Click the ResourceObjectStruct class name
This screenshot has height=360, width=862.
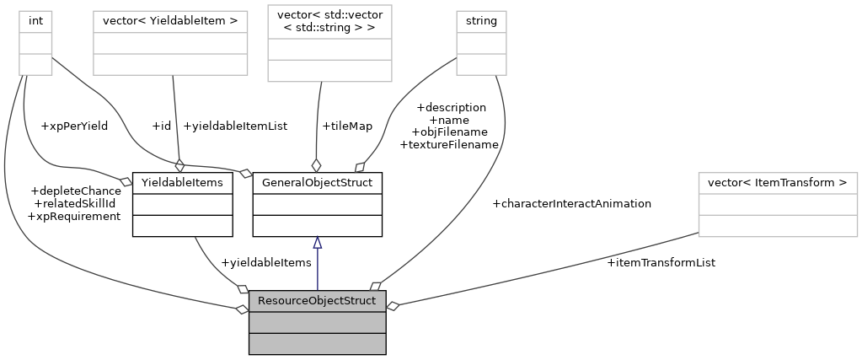(317, 301)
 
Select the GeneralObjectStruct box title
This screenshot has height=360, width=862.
(317, 181)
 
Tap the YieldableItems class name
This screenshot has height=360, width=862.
(182, 181)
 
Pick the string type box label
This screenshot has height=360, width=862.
(481, 19)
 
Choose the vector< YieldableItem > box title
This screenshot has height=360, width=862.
(169, 19)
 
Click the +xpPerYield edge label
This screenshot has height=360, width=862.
(74, 126)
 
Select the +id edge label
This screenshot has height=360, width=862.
(161, 126)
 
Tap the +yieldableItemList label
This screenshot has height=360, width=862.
(234, 126)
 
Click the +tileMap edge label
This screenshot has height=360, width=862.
(346, 126)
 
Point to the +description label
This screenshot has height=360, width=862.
(451, 107)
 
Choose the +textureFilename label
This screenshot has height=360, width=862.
(448, 144)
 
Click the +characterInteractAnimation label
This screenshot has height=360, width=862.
(571, 203)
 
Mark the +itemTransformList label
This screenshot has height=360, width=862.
(661, 263)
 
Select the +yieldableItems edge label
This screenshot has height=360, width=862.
(265, 263)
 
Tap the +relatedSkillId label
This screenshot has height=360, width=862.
(73, 203)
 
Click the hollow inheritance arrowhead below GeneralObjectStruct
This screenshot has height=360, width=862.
(317, 243)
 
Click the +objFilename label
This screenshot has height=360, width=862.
(449, 132)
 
